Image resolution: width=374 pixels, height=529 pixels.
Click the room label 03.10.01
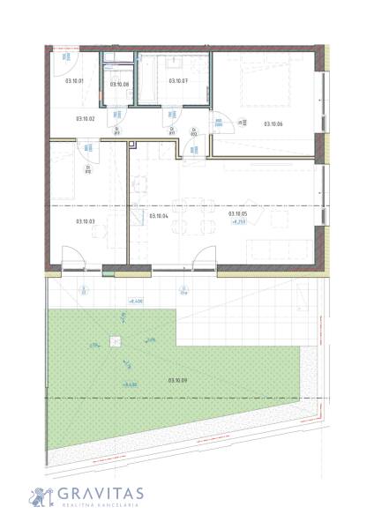(74, 81)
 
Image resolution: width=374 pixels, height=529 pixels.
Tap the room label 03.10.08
(119, 85)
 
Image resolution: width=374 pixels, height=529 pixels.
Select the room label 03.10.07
(178, 81)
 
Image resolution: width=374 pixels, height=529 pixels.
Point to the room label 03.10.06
(273, 123)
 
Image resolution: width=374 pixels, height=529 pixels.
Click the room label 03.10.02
(85, 118)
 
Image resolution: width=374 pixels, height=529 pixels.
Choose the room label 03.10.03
(85, 222)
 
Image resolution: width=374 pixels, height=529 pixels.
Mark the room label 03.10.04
(159, 216)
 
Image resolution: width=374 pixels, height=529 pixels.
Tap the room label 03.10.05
(237, 213)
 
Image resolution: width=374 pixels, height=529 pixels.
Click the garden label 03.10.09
(176, 380)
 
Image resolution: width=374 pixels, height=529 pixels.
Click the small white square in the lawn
(113, 342)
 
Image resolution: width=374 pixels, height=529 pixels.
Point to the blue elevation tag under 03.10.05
(237, 222)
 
